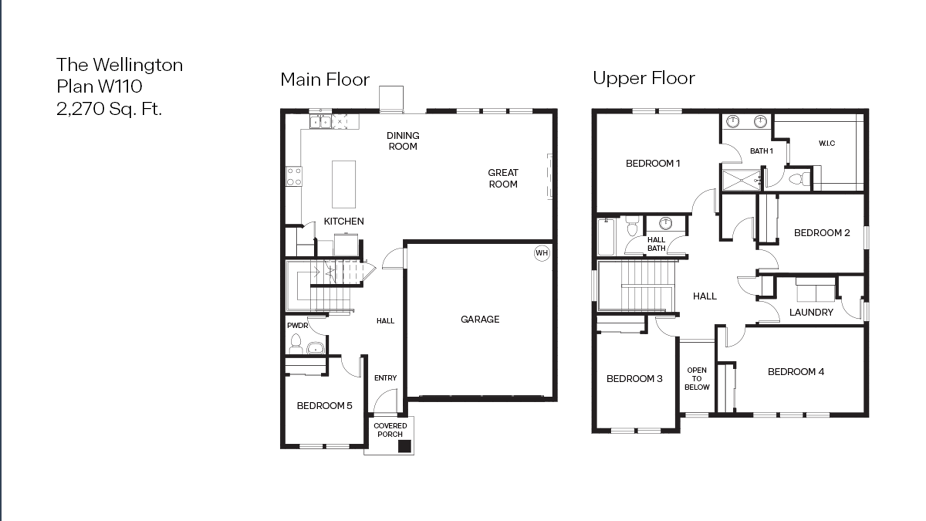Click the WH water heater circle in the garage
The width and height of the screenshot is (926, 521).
541,253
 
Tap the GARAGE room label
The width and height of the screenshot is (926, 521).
480,319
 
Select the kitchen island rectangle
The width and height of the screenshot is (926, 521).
344,184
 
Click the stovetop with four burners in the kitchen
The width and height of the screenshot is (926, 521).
294,176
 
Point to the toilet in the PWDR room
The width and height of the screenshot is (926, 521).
296,344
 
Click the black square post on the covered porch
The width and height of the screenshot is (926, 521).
404,446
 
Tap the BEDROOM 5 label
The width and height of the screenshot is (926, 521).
324,406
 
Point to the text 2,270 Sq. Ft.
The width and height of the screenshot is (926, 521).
109,108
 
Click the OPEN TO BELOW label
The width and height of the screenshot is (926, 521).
697,379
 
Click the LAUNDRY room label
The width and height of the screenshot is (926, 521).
811,312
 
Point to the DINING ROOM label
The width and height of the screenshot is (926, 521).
403,141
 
